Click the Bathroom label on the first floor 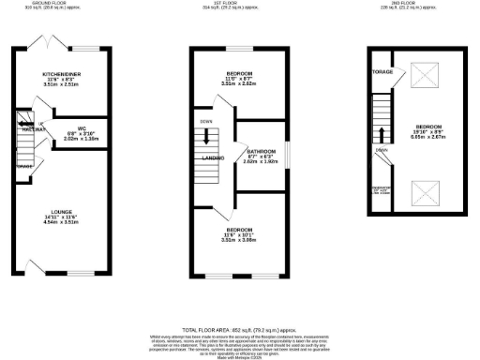point(261,150)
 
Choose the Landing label point(211,159)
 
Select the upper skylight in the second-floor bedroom point(424,76)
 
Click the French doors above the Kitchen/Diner point(42,43)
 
